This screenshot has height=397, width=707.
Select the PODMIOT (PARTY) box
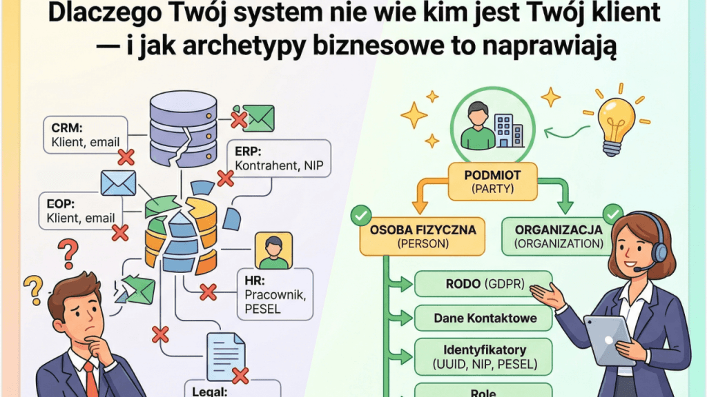492,181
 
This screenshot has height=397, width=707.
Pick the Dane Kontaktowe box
483,318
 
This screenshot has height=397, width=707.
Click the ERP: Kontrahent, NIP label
279,159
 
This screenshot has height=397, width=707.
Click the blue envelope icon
118,183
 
